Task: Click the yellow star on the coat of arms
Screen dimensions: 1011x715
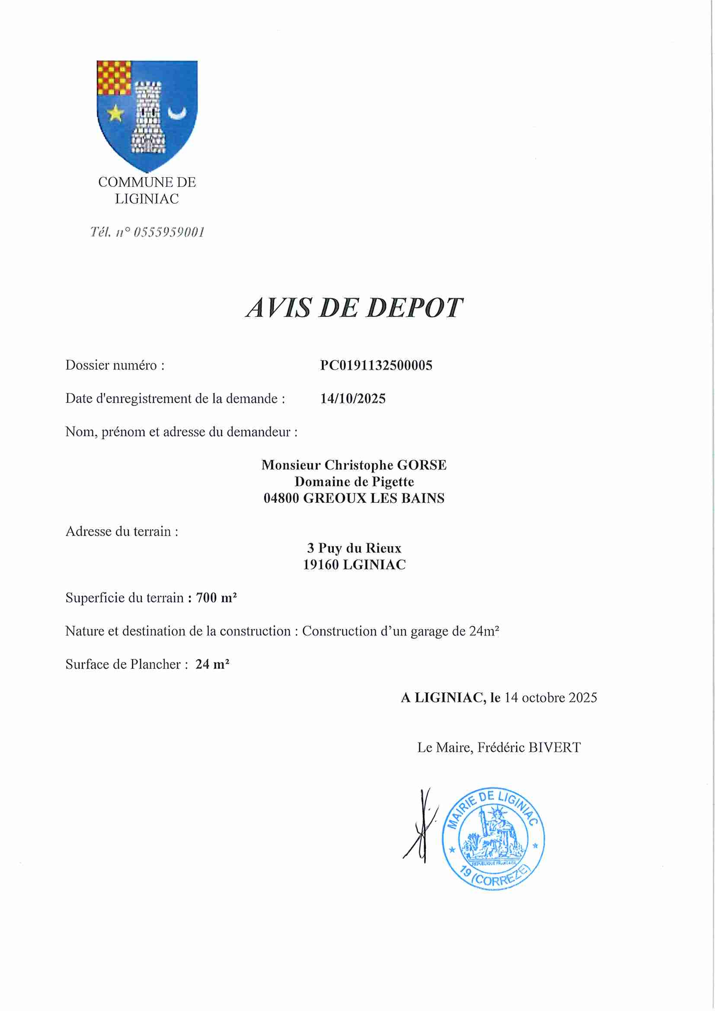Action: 115,113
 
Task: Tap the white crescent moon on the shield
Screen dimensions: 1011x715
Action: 177,114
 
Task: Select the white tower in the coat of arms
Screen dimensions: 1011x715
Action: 148,117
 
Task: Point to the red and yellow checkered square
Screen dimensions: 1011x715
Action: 114,78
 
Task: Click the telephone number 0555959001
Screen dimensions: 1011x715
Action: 169,232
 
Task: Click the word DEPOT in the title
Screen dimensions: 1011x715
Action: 414,308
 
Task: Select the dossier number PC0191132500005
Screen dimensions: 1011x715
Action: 376,365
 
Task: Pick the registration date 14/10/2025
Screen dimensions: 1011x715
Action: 353,398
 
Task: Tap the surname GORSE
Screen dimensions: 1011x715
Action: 421,465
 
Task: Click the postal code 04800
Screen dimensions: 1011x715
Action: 281,498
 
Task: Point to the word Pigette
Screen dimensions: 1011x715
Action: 393,481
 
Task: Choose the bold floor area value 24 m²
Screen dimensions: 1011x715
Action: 212,664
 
